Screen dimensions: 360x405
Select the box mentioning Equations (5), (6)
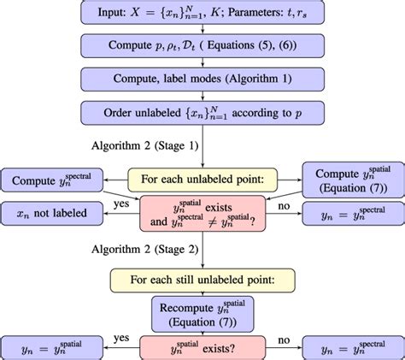[x=202, y=44]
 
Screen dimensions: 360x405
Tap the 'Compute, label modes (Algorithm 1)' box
[x=202, y=78]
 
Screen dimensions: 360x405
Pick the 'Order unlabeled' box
[x=202, y=112]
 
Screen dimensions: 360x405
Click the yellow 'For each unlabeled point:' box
[x=202, y=180]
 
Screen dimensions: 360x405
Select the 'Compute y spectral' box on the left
[x=50, y=180]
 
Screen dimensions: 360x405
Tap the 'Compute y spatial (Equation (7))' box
[x=352, y=180]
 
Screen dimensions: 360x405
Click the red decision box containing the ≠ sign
[x=202, y=214]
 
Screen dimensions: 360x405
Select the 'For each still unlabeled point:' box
[x=202, y=280]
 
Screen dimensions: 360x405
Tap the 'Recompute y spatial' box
[x=202, y=313]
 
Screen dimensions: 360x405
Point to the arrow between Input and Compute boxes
[x=202, y=28]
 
